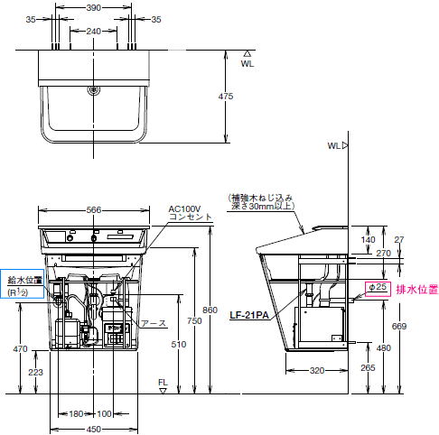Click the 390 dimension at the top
[x=94, y=7]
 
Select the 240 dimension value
[x=94, y=31]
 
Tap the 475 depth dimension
[x=226, y=97]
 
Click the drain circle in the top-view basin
[x=94, y=89]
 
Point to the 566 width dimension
[x=94, y=209]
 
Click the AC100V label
[x=184, y=208]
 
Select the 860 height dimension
[x=210, y=310]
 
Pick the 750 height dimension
[x=194, y=320]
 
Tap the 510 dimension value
[x=179, y=344]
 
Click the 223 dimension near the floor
[x=36, y=373]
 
